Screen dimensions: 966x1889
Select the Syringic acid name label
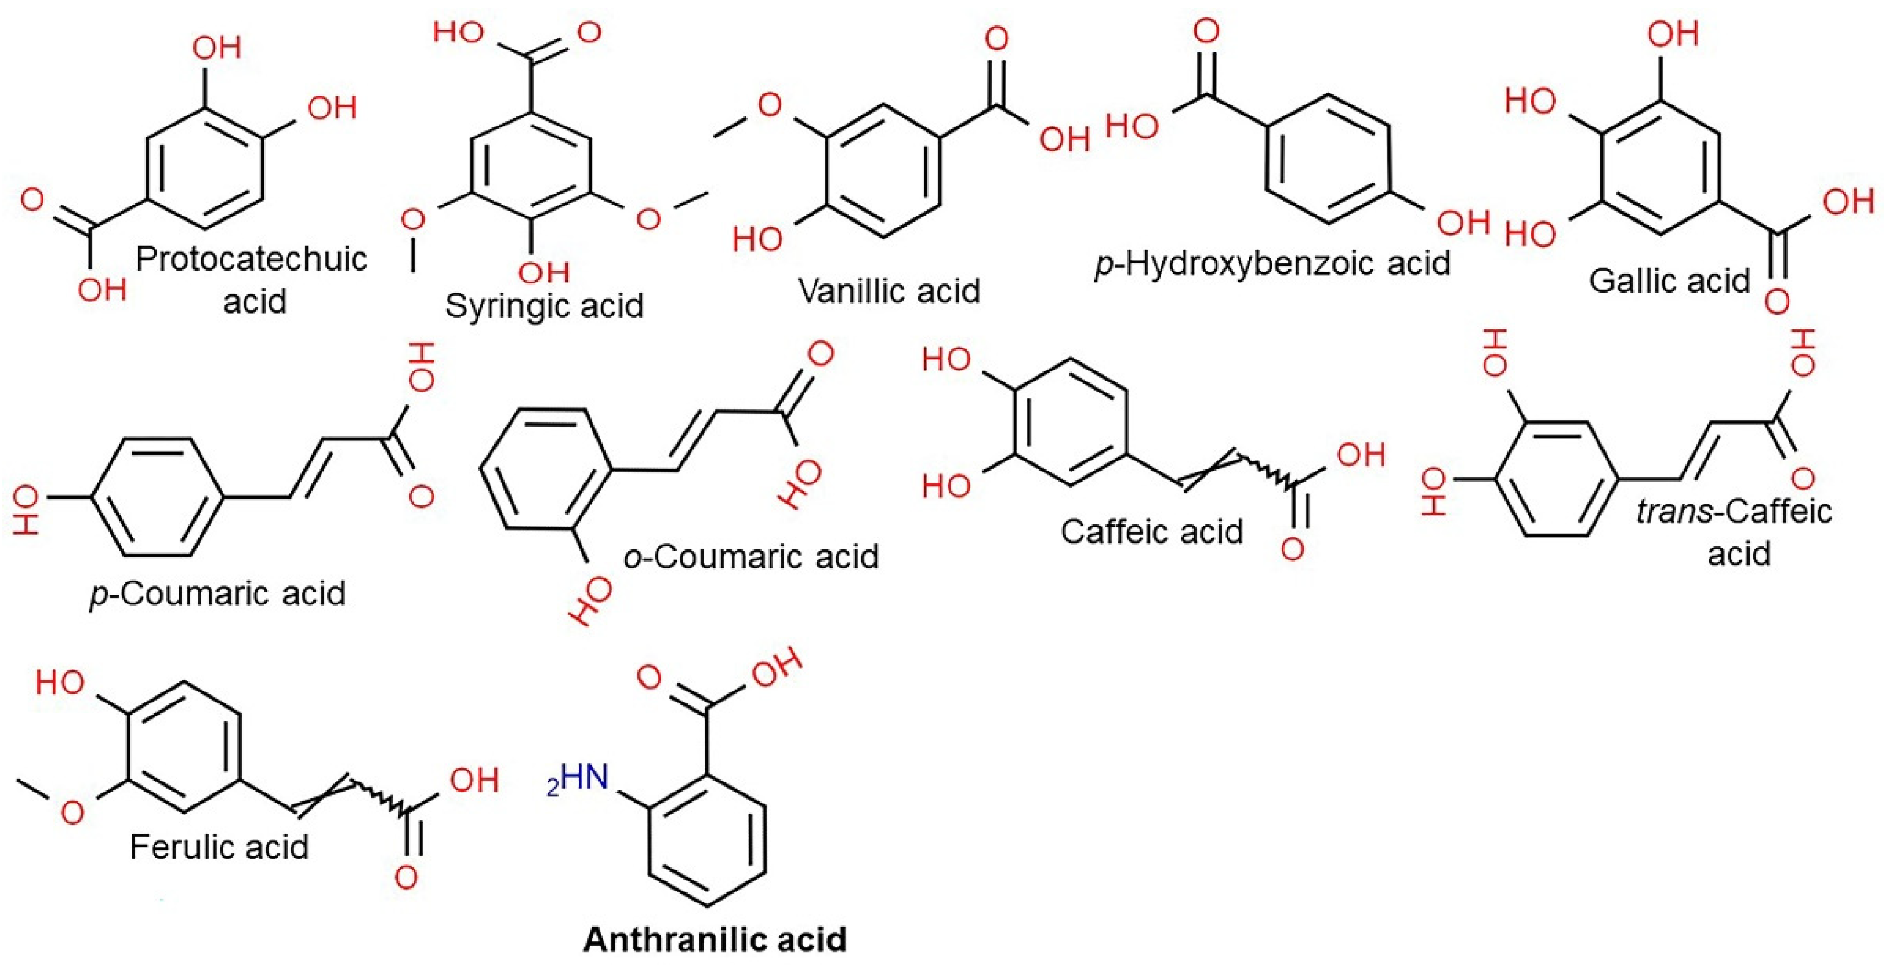(544, 305)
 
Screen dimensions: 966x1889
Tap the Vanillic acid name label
(889, 291)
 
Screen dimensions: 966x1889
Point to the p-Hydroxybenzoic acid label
(1272, 263)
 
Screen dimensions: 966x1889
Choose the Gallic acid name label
(1670, 280)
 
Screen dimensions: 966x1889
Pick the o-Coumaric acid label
(751, 557)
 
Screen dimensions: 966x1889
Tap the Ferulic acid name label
(219, 847)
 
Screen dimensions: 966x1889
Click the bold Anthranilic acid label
(715, 939)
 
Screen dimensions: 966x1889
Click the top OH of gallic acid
(1673, 34)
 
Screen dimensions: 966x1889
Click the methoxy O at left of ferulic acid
(71, 812)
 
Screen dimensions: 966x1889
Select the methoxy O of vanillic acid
(769, 105)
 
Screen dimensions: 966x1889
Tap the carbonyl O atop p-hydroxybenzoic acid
(1206, 31)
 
